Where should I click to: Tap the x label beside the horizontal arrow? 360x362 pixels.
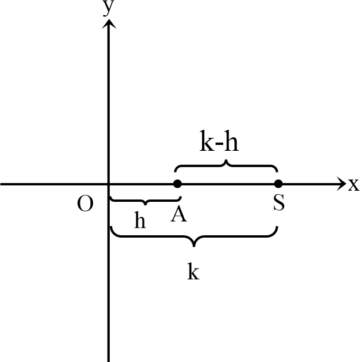coord(353,185)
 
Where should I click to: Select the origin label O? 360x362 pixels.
coord(85,204)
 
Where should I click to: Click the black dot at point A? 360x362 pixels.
coord(177,184)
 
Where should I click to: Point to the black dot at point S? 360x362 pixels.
coord(278,184)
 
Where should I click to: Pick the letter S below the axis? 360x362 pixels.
coord(279,204)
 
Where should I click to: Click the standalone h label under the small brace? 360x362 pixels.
coord(140,221)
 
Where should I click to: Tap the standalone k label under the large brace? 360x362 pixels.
coord(193,272)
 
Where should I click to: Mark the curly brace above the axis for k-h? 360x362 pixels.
coord(226,164)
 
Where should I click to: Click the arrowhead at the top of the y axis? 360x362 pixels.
coord(109,23)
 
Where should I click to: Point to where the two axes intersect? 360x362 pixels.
coord(109,184)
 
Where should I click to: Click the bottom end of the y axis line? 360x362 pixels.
coord(109,360)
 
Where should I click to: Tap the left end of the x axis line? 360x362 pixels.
coord(2,184)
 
